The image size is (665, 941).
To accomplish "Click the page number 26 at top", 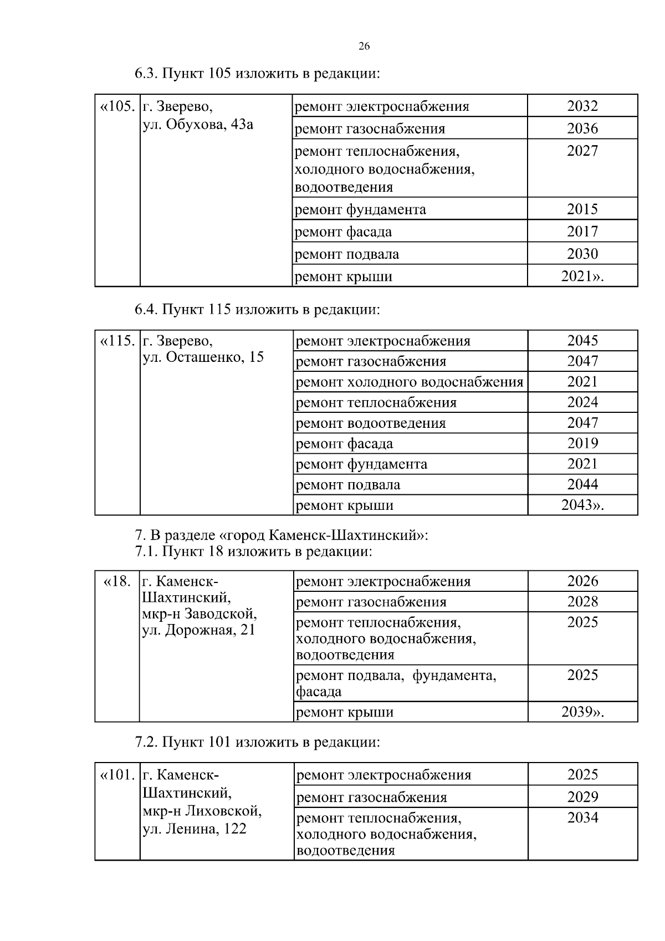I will tap(364, 47).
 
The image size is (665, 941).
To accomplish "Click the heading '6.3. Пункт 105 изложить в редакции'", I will tap(257, 73).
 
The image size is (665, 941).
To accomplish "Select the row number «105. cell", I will tap(117, 106).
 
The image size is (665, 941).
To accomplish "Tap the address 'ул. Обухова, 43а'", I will tap(198, 124).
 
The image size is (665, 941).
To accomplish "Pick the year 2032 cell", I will tap(582, 106).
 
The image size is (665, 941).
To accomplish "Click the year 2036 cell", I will tap(582, 129).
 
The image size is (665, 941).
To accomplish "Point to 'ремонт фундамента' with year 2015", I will tap(360, 209).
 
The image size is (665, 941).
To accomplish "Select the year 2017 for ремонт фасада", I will tap(582, 232).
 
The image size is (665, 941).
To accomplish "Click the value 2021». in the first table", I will tap(582, 277).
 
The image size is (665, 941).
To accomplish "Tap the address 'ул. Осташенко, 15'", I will tap(203, 357).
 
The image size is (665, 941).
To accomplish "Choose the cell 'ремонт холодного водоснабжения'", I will tap(410, 382).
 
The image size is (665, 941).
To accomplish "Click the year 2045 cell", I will tap(582, 340).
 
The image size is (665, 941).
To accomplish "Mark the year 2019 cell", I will tap(582, 443).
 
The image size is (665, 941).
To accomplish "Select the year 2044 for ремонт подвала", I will tap(582, 484).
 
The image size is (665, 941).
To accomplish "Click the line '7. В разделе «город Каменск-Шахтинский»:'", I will tap(282, 536).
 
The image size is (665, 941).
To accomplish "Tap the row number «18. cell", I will tap(117, 581).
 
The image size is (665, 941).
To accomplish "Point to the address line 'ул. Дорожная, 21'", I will tap(198, 630).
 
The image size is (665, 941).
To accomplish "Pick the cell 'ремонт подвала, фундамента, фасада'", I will tap(396, 683).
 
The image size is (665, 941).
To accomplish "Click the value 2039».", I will tap(582, 712).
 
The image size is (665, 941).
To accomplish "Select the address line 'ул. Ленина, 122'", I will tap(195, 829).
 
